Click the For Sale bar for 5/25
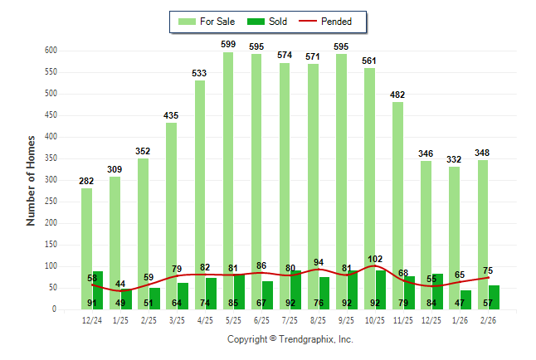pos(227,166)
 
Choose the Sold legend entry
pos(268,22)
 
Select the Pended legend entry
pos(325,22)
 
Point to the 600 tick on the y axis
pos(51,51)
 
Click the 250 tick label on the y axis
pos(51,202)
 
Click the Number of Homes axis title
pos(31,180)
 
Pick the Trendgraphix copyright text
pos(290,339)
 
